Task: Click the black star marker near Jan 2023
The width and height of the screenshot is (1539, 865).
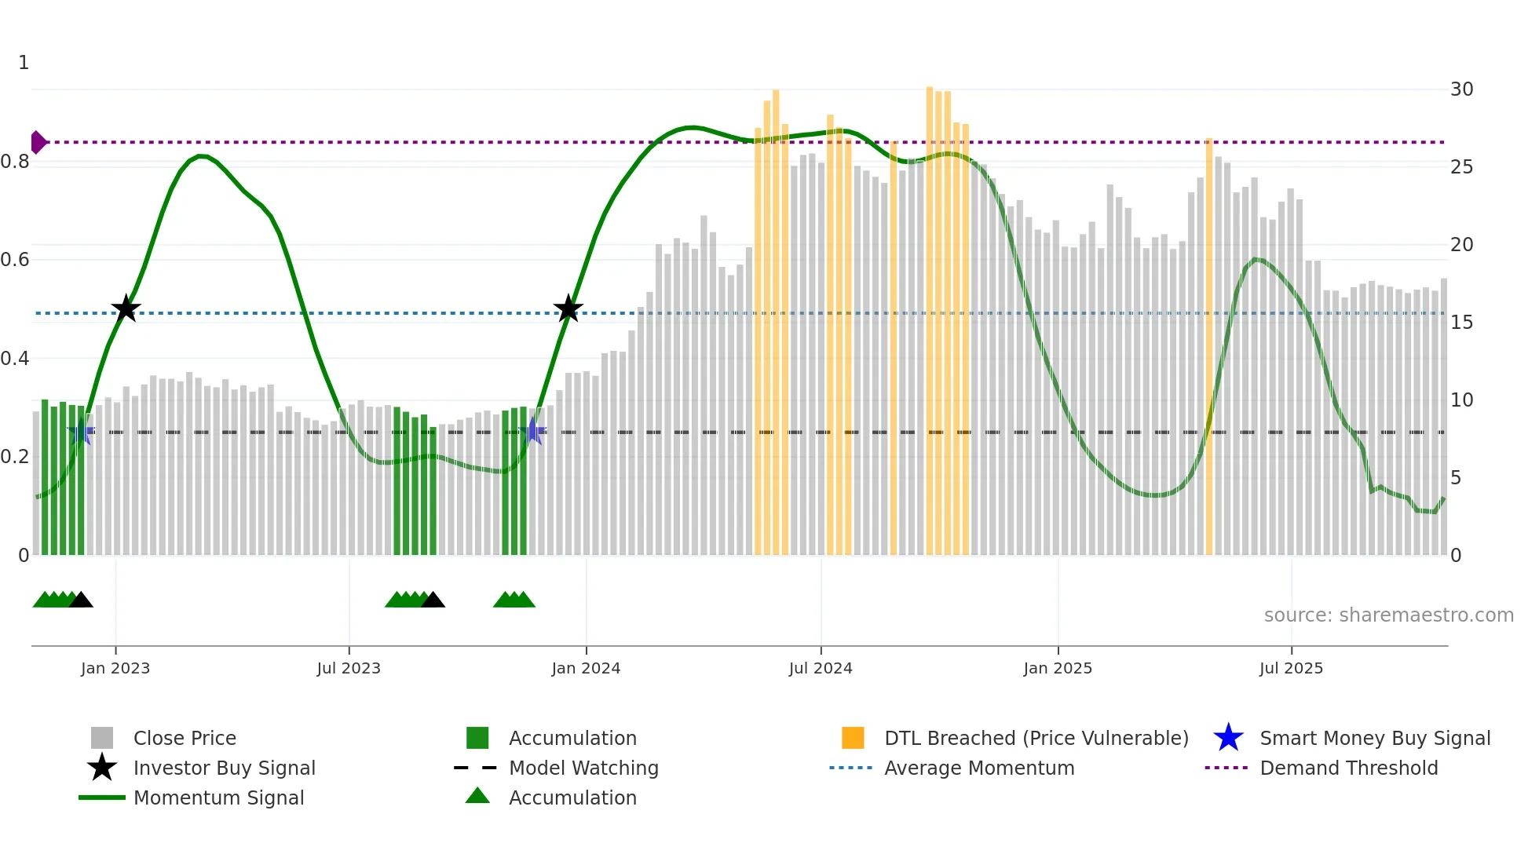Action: (126, 308)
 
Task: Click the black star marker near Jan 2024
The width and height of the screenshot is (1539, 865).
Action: (568, 308)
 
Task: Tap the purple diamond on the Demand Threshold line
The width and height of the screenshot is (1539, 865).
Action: (38, 142)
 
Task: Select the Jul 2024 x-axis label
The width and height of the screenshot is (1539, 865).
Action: (821, 668)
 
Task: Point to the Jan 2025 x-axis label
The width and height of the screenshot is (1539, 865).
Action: (1058, 668)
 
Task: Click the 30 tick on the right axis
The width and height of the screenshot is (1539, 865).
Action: (1461, 89)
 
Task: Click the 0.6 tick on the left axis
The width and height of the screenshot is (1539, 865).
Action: (16, 260)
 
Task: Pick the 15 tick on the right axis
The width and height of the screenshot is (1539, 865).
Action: (1461, 323)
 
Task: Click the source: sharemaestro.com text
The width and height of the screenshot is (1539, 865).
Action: (1388, 615)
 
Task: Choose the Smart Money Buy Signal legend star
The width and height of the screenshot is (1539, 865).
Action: (1228, 738)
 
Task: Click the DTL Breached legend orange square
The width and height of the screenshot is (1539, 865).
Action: (853, 738)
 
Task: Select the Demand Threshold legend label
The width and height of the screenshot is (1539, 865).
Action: (1348, 768)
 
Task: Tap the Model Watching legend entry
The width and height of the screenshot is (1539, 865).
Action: (583, 768)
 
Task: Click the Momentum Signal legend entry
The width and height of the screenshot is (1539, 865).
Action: (218, 797)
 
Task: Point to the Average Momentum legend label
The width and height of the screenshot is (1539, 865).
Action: (978, 768)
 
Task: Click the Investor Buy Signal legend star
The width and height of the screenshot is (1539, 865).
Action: (102, 768)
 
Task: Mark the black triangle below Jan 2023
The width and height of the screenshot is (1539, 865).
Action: (81, 600)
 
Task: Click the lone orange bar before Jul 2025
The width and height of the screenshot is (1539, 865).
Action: (1209, 345)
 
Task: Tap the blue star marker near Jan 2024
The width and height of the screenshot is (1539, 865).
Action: (533, 431)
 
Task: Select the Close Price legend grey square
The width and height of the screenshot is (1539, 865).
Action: (102, 738)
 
